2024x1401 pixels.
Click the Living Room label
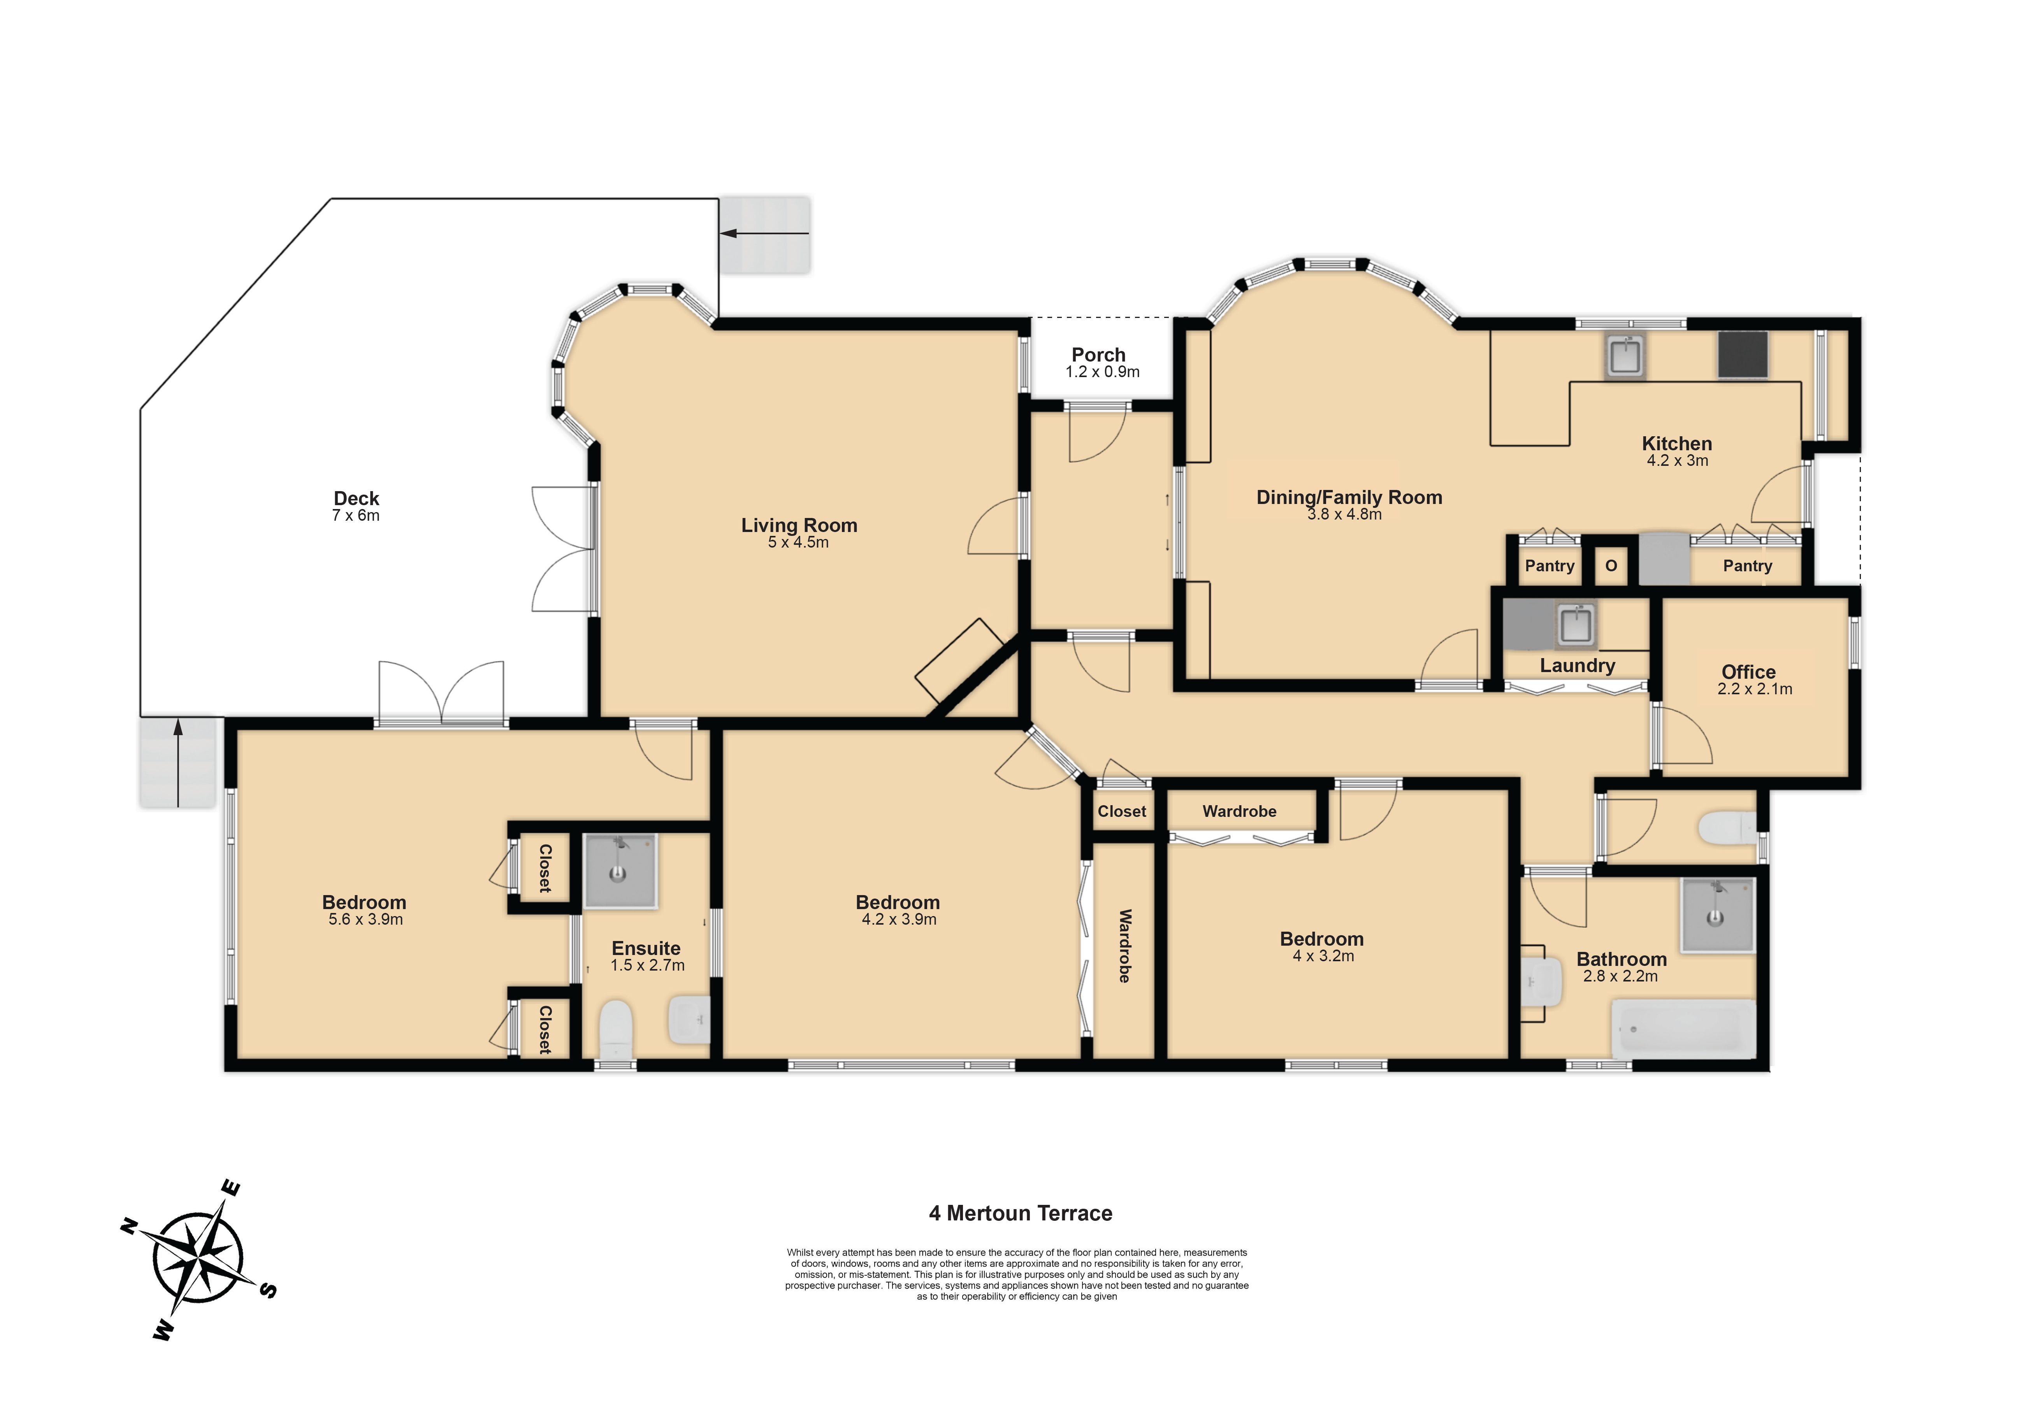click(x=799, y=525)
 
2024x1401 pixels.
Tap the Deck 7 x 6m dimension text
click(x=355, y=515)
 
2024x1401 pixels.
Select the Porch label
click(x=1098, y=355)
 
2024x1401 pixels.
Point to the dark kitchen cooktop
click(x=1742, y=355)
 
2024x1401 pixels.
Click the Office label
click(x=1748, y=672)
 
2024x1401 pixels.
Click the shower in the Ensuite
click(x=620, y=870)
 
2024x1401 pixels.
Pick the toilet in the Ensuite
click(x=616, y=1030)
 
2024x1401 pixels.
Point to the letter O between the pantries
click(x=1611, y=566)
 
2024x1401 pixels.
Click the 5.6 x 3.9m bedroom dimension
click(x=365, y=919)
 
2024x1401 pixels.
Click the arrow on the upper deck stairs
click(x=764, y=233)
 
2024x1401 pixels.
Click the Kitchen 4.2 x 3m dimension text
click(x=1677, y=460)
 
